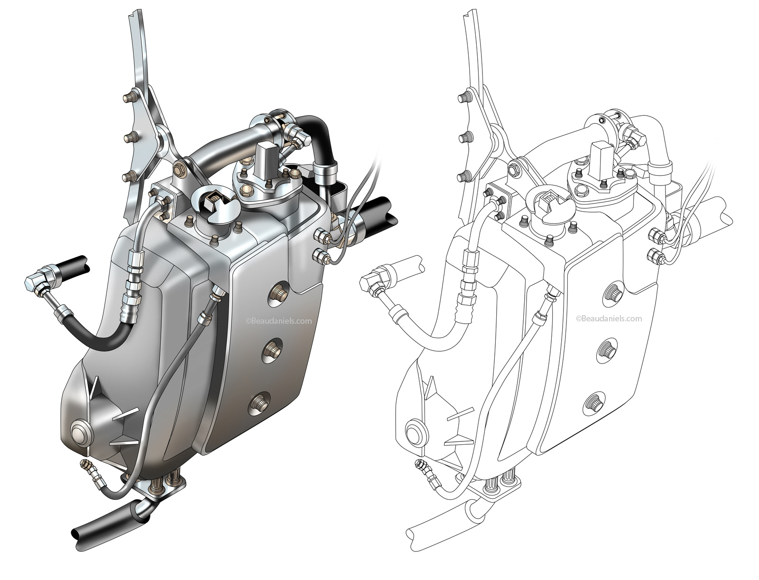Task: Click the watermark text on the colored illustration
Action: (279, 321)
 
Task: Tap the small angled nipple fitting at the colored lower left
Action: (86, 464)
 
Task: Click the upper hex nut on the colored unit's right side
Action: (322, 234)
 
